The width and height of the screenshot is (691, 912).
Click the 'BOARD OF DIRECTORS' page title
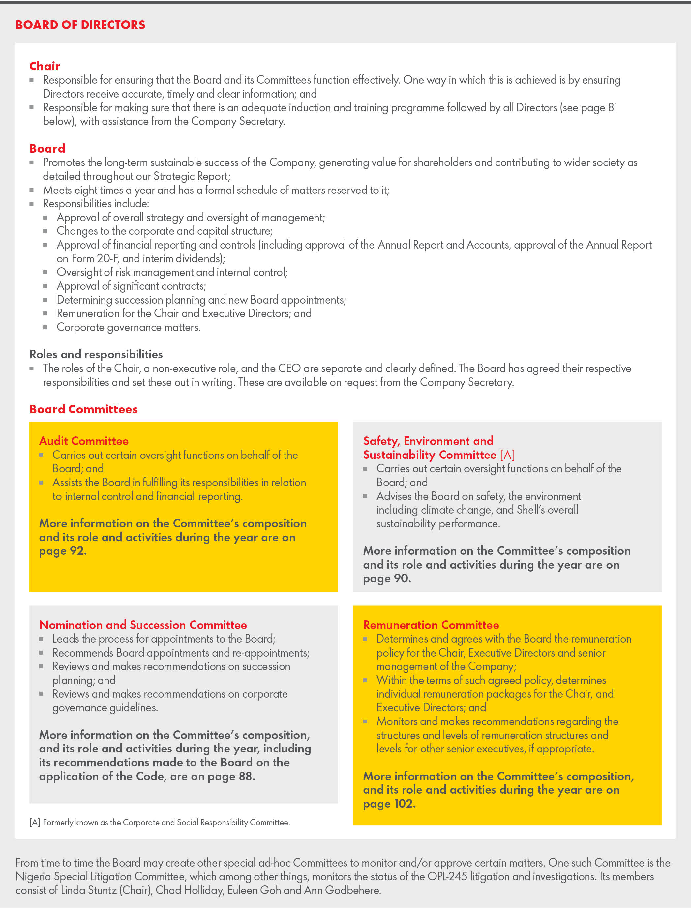80,25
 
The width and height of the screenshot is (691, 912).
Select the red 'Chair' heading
45,66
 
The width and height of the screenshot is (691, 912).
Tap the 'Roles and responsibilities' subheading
96,354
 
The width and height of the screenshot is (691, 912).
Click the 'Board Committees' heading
83,409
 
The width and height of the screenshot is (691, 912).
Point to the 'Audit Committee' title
84,441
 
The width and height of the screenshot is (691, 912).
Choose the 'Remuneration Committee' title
431,625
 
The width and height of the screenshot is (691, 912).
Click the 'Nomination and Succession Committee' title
143,625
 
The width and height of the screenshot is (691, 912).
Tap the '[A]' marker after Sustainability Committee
507,455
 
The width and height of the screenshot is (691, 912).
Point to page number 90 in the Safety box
402,578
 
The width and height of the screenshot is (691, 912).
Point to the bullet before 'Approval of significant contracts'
45,286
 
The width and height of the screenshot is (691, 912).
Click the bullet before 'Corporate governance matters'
45,327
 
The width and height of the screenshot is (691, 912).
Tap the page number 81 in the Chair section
613,107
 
